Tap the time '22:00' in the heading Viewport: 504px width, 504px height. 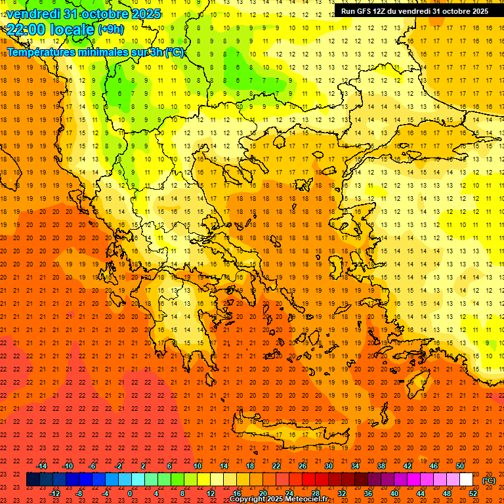tap(25, 29)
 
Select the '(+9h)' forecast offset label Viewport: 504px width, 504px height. tap(110, 29)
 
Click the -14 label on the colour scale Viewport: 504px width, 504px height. tap(41, 466)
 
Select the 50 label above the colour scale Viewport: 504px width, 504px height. tap(460, 466)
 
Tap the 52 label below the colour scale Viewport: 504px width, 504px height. tap(473, 493)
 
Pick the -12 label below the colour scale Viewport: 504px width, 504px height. tap(54, 493)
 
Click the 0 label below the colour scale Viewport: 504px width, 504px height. tap(130, 493)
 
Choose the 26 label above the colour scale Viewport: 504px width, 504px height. tap(303, 466)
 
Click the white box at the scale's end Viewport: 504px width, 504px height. tap(466, 480)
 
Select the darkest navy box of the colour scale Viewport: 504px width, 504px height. tap(33, 480)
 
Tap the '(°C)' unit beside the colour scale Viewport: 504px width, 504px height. tap(489, 480)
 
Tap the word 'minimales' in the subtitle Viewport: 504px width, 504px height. tap(104, 52)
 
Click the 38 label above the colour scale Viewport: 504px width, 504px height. tap(381, 466)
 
